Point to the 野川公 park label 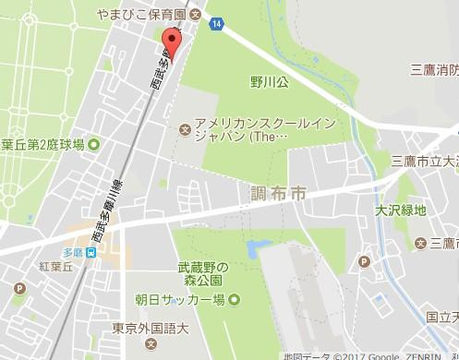244,80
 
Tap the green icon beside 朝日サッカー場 234,297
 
